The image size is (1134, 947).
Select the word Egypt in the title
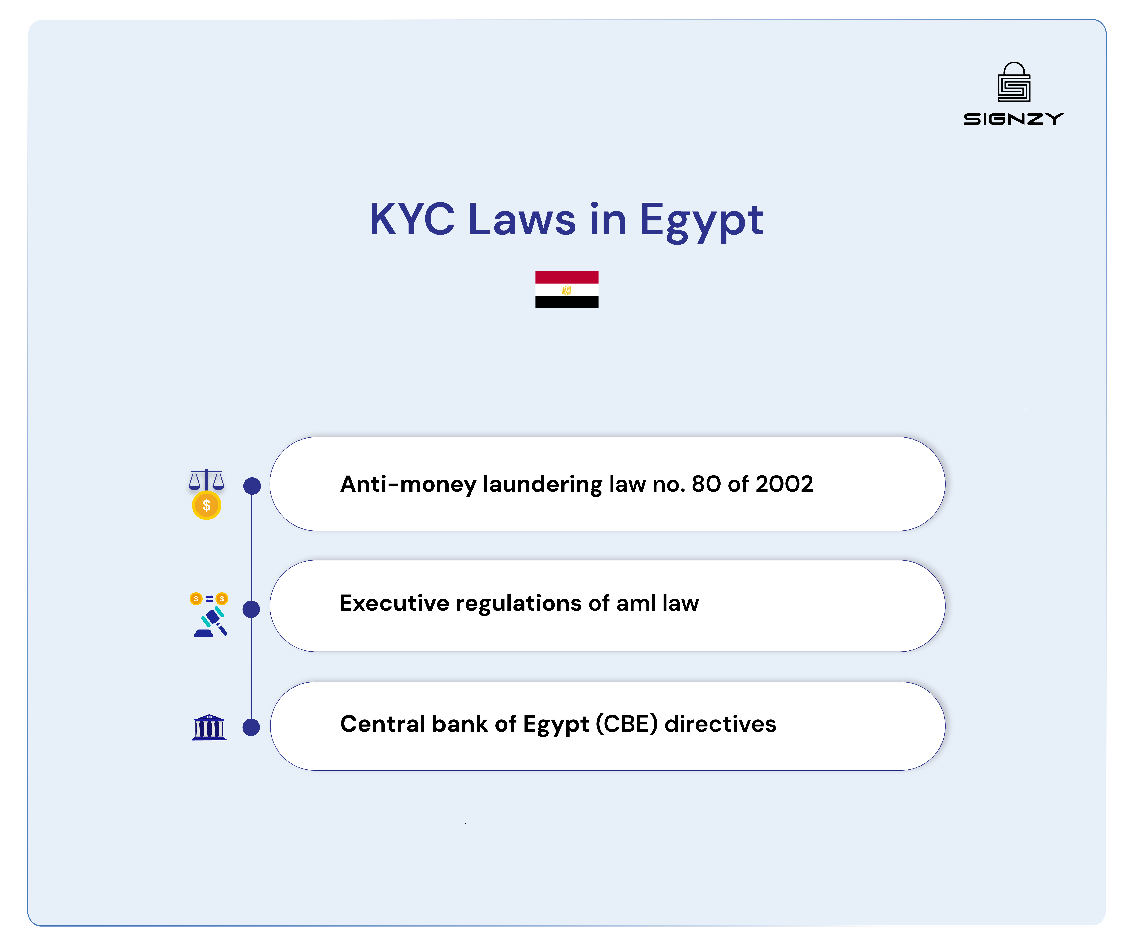(701, 221)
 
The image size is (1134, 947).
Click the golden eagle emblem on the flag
(566, 290)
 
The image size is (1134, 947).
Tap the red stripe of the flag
(566, 277)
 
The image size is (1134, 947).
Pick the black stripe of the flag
(566, 302)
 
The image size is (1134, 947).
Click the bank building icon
(209, 727)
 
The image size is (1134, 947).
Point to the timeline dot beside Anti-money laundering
(252, 486)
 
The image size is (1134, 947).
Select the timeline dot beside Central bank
(251, 727)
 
